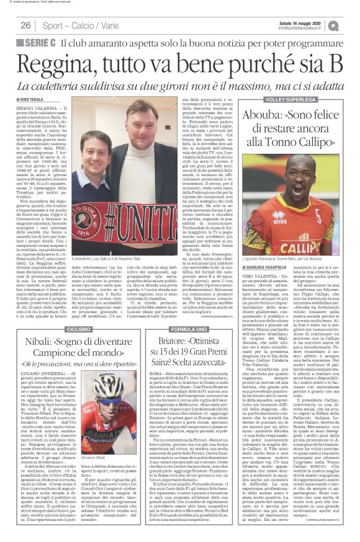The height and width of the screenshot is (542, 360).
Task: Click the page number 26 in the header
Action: (25, 24)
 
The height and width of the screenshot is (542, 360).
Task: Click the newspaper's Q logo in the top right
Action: (350, 24)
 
